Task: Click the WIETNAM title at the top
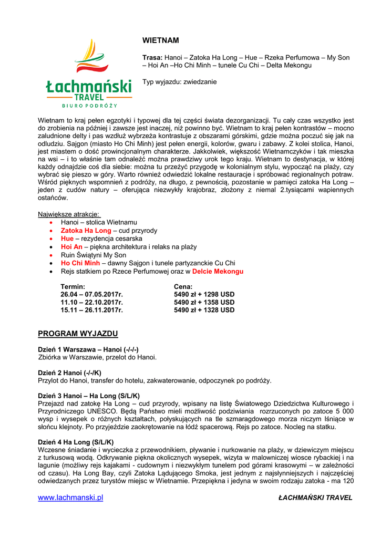tap(161, 40)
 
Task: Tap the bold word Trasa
tap(152, 57)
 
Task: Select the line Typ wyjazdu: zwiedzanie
tap(180, 82)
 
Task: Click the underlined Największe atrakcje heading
tap(69, 214)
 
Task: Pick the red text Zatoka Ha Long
tap(86, 231)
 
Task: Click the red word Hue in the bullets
tap(67, 239)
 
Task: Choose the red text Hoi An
tap(71, 247)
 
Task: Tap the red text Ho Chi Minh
tap(80, 263)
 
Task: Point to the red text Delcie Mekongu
tap(218, 272)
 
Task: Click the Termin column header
tap(73, 286)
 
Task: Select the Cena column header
tap(183, 286)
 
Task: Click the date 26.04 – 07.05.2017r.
tap(91, 294)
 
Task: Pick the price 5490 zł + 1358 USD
tap(204, 303)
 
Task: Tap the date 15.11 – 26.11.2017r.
tap(91, 311)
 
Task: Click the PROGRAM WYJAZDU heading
tap(78, 334)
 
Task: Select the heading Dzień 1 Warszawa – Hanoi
tap(88, 349)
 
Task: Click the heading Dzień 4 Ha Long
tap(76, 442)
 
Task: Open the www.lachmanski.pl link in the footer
tap(70, 498)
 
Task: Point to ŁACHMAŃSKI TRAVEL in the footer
tap(315, 498)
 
